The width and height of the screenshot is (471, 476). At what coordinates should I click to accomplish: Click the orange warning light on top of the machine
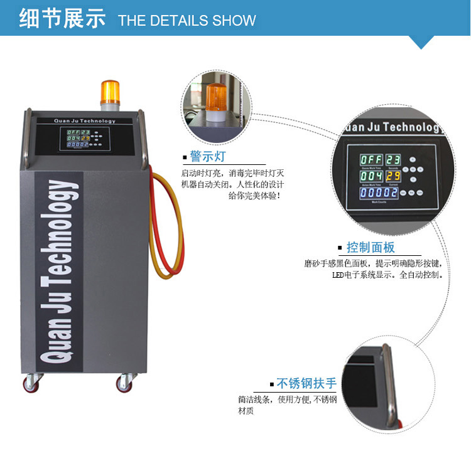109,92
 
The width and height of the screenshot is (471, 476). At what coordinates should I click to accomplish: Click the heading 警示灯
207,156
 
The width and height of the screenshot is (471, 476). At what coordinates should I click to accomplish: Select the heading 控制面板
371,246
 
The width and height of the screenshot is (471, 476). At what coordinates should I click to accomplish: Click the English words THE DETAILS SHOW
187,20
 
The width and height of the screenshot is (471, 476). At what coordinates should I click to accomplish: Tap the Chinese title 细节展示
62,19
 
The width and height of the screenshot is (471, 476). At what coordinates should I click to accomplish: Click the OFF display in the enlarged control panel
371,159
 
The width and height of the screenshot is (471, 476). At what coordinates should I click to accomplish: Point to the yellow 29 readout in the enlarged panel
393,176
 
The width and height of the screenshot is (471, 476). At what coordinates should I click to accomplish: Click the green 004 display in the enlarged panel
371,177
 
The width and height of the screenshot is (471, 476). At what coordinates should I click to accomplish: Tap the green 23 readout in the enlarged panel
393,159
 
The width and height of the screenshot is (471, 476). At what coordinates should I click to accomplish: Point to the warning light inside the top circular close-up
217,100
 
